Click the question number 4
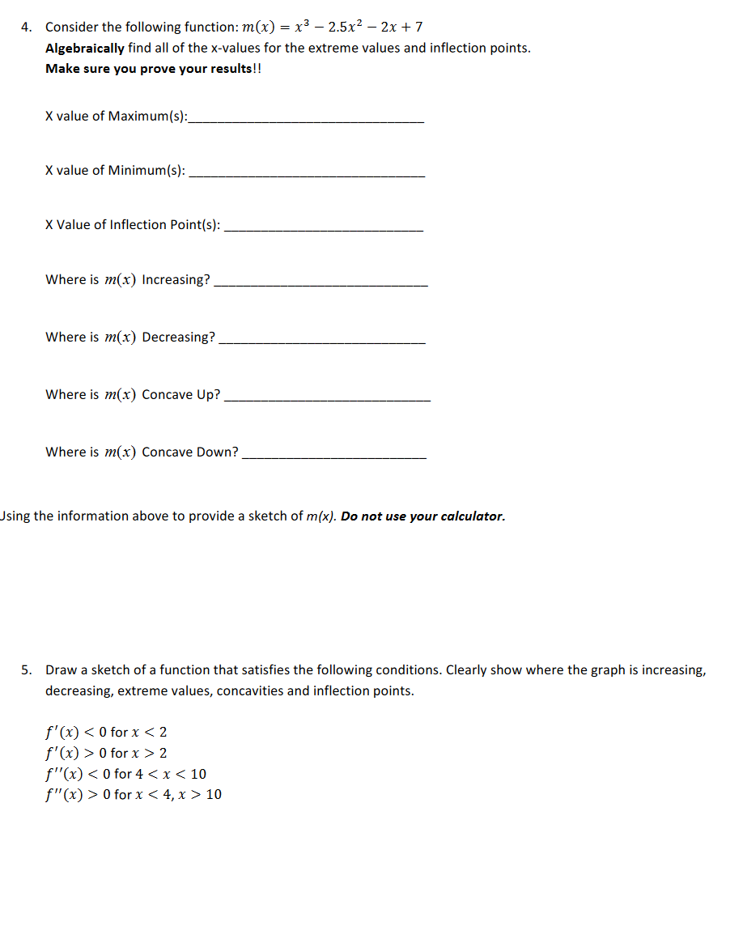26,28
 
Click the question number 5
26,670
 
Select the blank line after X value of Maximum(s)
305,121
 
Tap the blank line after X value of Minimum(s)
305,175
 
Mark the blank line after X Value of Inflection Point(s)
323,230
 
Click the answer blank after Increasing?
321,285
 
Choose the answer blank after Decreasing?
322,342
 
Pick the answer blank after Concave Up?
327,400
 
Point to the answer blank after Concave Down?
334,457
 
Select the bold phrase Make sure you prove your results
151,68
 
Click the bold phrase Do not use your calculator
422,516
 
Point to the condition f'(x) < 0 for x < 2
106,733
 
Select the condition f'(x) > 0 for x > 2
106,753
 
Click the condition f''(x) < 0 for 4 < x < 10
125,774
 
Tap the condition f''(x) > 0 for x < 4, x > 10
134,794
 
